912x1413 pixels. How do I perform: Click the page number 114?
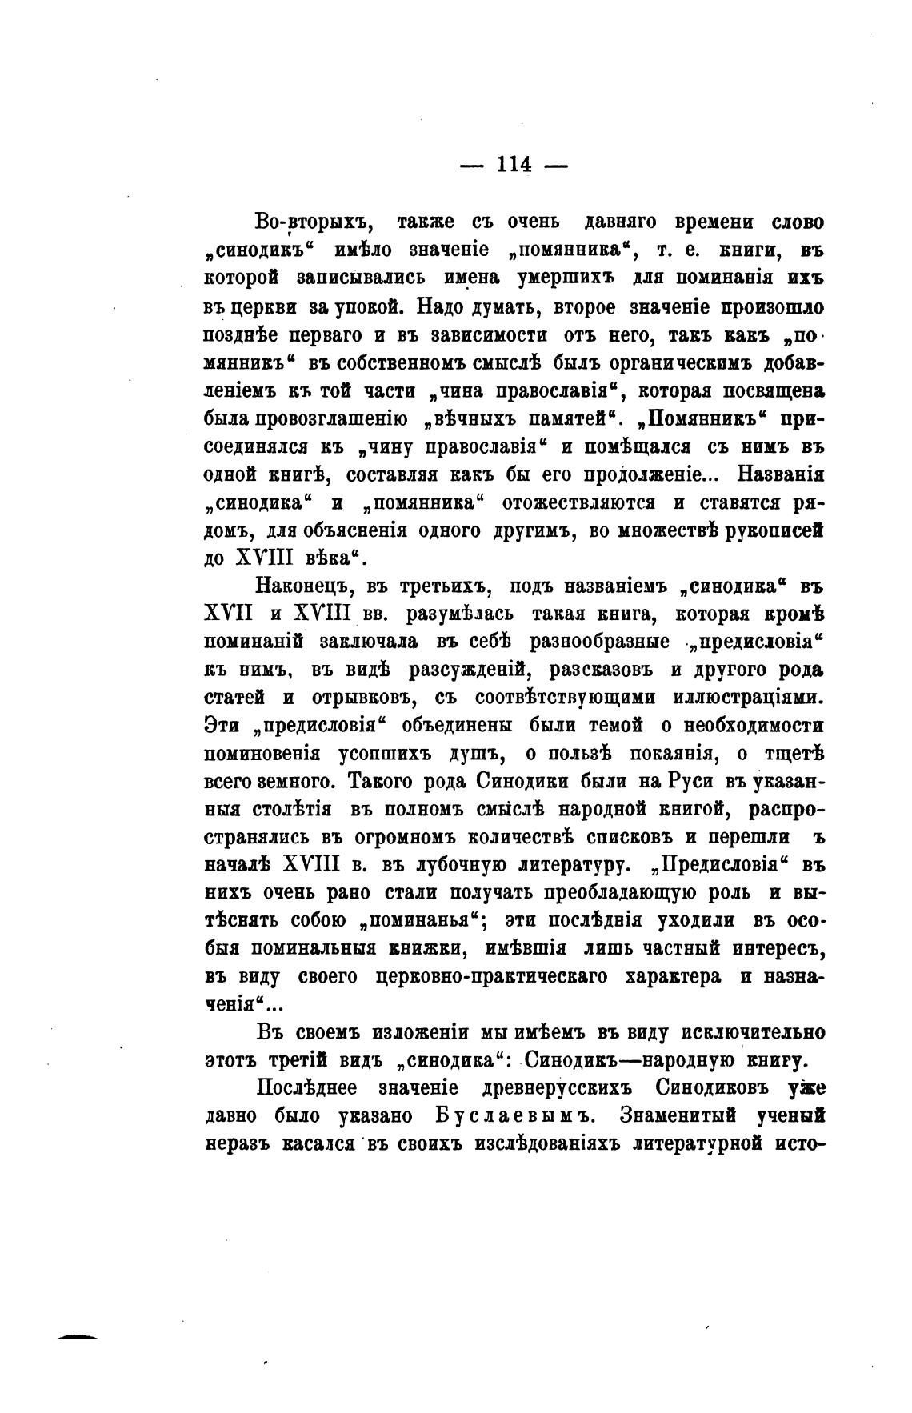[514, 164]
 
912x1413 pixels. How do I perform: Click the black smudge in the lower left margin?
[78, 1336]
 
